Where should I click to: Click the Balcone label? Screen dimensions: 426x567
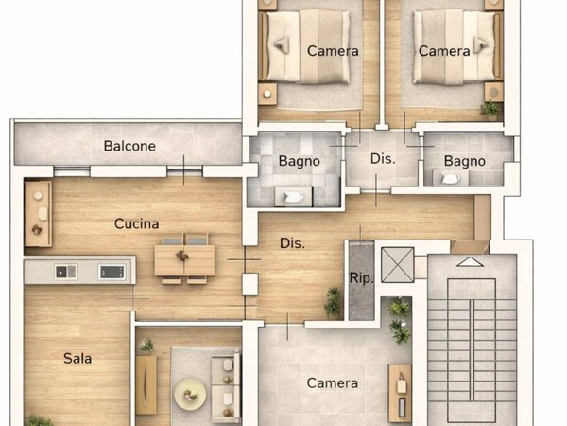tap(129, 147)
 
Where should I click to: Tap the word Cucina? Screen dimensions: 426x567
tap(136, 224)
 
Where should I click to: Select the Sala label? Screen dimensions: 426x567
tap(77, 358)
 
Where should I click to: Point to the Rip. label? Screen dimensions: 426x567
tap(362, 278)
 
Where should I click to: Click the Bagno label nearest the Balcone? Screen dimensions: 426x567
tap(299, 161)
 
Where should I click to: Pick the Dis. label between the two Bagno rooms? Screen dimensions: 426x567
tap(382, 158)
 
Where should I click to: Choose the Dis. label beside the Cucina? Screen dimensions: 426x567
tap(292, 243)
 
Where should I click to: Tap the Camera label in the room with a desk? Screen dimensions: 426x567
tap(333, 383)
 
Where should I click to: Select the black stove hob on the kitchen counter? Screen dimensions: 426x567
tap(112, 272)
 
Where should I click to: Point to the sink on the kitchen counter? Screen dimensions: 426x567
tap(66, 272)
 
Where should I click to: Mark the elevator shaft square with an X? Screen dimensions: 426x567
tap(396, 265)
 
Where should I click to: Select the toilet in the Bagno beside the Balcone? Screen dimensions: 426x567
tap(294, 197)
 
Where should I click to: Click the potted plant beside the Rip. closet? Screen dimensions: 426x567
tap(333, 302)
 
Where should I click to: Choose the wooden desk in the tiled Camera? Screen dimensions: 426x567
tap(400, 391)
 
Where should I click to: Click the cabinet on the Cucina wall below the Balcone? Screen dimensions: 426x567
tap(38, 213)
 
